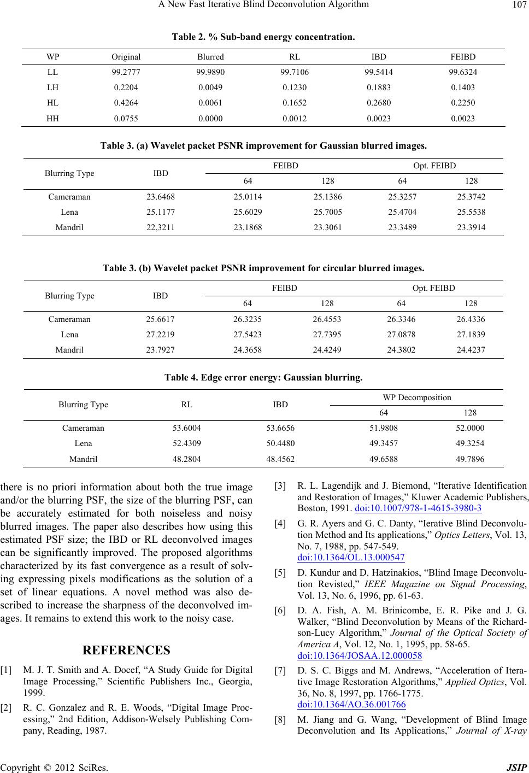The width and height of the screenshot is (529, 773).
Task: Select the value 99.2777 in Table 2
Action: tap(126, 72)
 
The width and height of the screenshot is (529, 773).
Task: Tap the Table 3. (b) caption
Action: tap(263, 268)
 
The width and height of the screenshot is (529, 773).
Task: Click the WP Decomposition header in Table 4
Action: tap(417, 397)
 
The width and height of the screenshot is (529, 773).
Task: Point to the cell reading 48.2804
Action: tap(186, 459)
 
